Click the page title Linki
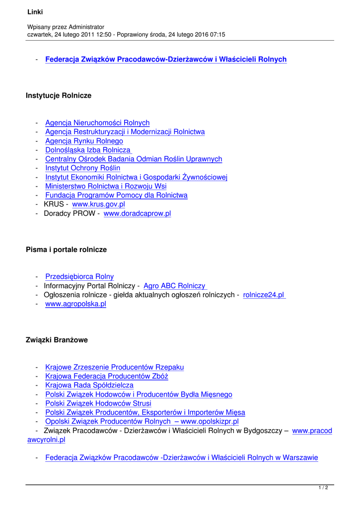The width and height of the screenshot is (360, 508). pyautogui.click(x=36, y=11)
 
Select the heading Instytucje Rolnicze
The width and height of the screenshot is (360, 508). pyautogui.click(x=59, y=95)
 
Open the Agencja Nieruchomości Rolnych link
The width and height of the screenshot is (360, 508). pyautogui.click(x=97, y=123)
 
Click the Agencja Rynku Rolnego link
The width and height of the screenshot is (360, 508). pyautogui.click(x=84, y=141)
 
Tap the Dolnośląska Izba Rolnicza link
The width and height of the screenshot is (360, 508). pyautogui.click(x=88, y=150)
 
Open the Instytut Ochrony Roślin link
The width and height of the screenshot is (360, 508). pyautogui.click(x=82, y=168)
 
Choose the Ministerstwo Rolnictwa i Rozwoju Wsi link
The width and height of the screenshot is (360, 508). pyautogui.click(x=106, y=187)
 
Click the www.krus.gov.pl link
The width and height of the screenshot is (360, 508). pyautogui.click(x=98, y=204)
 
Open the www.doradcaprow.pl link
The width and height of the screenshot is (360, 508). pyautogui.click(x=137, y=214)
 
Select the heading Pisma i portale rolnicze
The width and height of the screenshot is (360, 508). pyautogui.click(x=66, y=250)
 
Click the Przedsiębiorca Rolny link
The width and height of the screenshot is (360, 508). pyautogui.click(x=79, y=277)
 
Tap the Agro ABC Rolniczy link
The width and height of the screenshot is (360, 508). pyautogui.click(x=174, y=286)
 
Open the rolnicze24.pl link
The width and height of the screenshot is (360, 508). pyautogui.click(x=264, y=295)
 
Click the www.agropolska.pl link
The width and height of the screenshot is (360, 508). pyautogui.click(x=75, y=304)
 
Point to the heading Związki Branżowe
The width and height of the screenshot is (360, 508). pyautogui.click(x=56, y=340)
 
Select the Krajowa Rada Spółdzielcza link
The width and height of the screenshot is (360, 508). pyautogui.click(x=89, y=385)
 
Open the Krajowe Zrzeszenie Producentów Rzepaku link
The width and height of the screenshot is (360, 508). pyautogui.click(x=114, y=368)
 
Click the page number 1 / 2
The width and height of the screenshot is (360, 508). pyautogui.click(x=323, y=488)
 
